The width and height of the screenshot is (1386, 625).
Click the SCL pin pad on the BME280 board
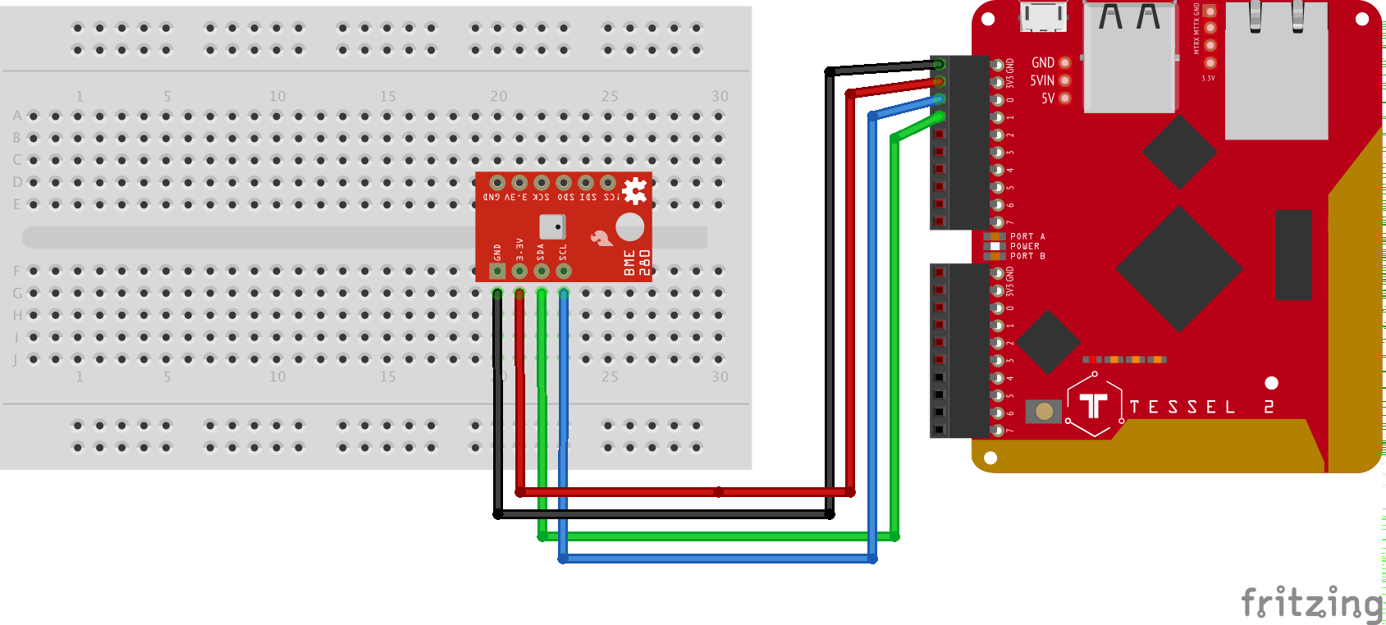(564, 271)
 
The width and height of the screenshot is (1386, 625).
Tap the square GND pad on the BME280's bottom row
(497, 271)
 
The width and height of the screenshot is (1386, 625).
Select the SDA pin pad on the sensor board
(542, 271)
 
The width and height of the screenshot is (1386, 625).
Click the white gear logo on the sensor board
(634, 191)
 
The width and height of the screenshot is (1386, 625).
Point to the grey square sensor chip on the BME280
(552, 226)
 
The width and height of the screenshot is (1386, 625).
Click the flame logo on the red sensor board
(602, 238)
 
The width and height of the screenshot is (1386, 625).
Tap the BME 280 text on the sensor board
(637, 262)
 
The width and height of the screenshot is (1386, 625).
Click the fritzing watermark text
(1311, 604)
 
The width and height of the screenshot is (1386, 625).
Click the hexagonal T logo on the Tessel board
(1094, 404)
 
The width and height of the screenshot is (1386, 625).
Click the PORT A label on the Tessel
(1027, 236)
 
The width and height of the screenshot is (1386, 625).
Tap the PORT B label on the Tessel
(1027, 256)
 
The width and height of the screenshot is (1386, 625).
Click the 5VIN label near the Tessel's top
(1042, 80)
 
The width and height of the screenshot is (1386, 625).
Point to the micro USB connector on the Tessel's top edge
(1043, 16)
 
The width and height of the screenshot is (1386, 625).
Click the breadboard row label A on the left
(17, 116)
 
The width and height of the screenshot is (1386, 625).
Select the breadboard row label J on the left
(15, 359)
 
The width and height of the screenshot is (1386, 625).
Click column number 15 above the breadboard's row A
(387, 96)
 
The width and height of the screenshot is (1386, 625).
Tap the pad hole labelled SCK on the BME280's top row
(542, 183)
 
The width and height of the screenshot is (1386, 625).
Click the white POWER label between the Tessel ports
(1024, 246)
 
